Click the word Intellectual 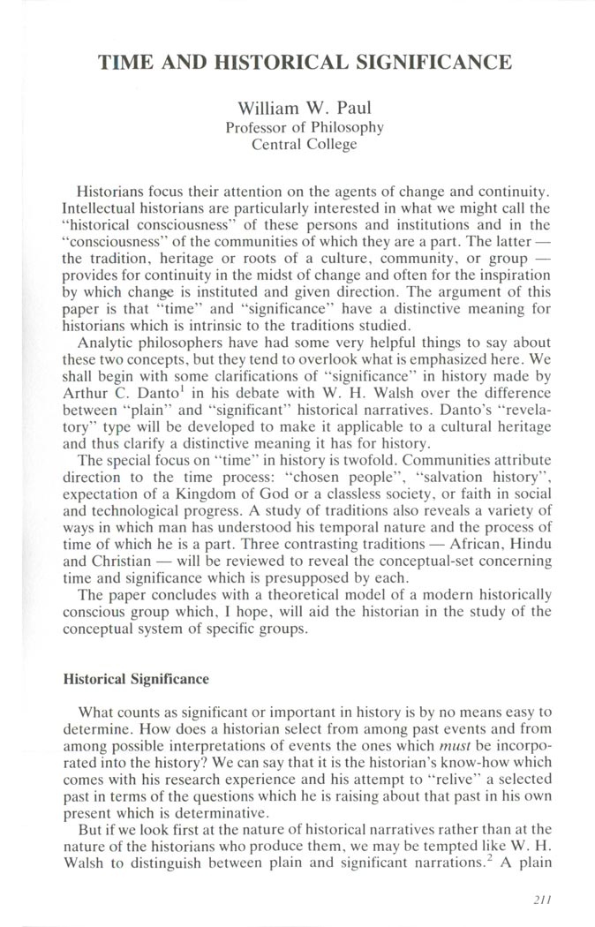tap(100, 208)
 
